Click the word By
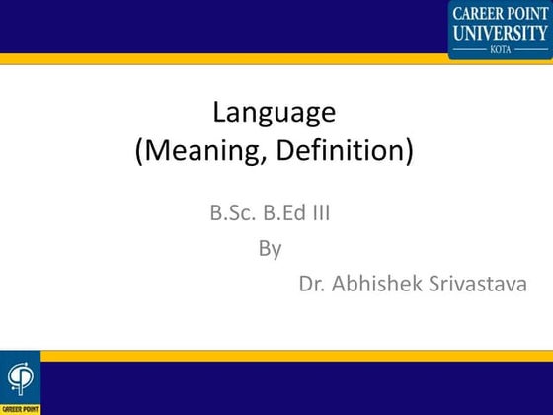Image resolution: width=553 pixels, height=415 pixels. coord(271,248)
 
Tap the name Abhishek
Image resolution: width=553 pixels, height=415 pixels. coord(376,285)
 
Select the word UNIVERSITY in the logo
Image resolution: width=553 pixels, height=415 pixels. coord(500,33)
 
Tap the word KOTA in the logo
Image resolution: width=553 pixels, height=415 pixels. coord(500,47)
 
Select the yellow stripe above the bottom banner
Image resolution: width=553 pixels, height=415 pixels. coord(296,355)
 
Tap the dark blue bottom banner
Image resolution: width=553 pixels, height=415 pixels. coord(296,387)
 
